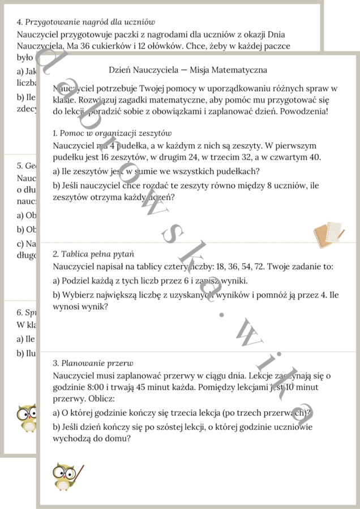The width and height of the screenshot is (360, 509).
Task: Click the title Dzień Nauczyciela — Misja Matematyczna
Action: coord(188,70)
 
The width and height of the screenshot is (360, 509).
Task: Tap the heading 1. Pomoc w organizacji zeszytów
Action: coord(112,133)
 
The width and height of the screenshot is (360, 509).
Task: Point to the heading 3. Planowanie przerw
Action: coord(93,363)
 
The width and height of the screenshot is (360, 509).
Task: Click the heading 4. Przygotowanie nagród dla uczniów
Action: coord(85,22)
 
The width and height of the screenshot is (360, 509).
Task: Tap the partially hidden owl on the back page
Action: coord(26,419)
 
